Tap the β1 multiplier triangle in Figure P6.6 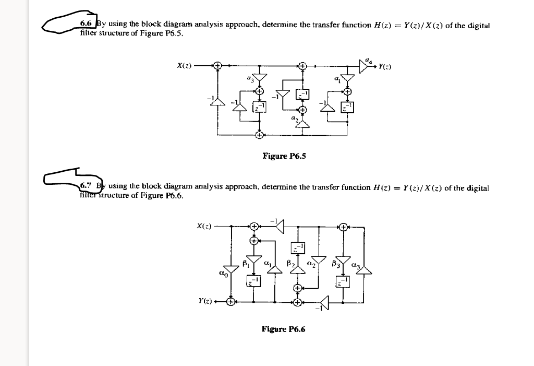click(x=253, y=260)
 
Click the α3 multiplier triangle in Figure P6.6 click(x=364, y=269)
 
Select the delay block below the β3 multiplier click(x=343, y=282)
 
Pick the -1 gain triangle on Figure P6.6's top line click(x=280, y=227)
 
